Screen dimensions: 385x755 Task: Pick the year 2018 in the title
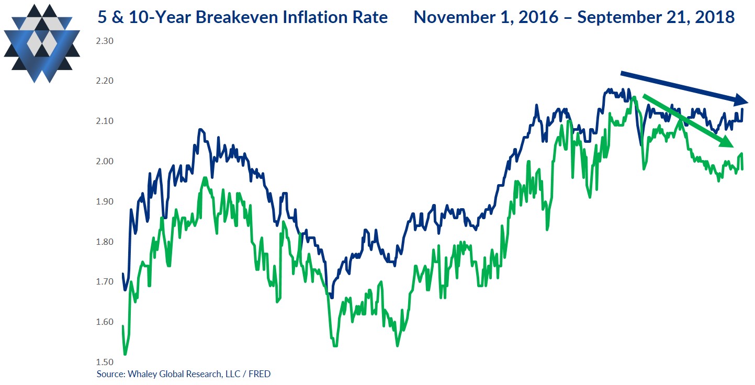click(716, 18)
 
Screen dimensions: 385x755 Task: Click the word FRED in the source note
click(260, 374)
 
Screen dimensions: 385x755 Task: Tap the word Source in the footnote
click(109, 374)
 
